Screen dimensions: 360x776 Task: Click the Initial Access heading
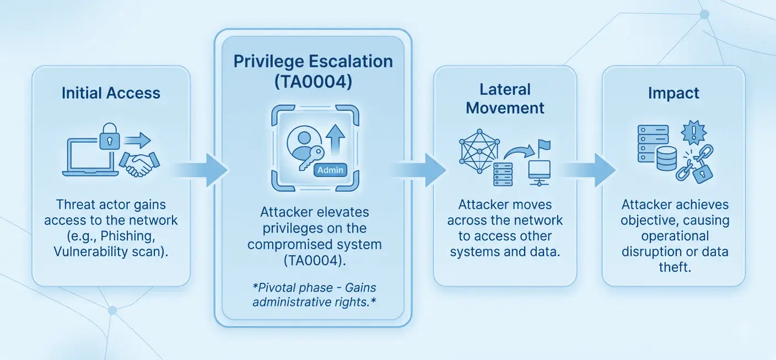pos(111,93)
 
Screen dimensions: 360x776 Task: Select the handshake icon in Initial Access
pos(139,163)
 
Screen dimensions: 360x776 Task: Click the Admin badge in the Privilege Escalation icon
pos(331,170)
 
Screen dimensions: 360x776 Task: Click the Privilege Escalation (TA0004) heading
pos(313,71)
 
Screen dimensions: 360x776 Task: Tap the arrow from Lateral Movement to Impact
pos(589,170)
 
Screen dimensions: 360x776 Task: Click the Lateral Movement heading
pos(505,98)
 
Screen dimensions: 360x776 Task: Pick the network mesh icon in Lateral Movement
pos(478,149)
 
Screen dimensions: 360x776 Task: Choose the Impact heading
pos(673,93)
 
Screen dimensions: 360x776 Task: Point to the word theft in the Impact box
pos(675,267)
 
